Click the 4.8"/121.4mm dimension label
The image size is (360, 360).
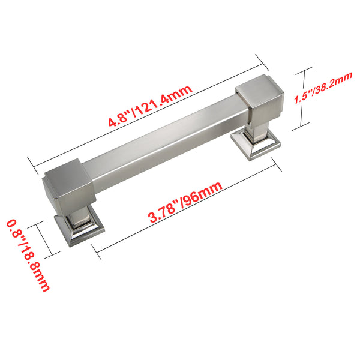click(151, 106)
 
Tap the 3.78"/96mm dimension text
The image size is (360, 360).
click(185, 202)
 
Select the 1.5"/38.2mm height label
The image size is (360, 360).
click(323, 88)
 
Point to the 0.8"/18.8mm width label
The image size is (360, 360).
click(28, 256)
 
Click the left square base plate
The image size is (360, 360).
click(79, 229)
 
